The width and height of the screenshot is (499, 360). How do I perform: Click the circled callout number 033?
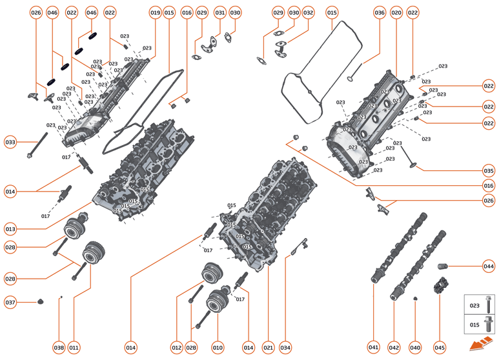[10, 142]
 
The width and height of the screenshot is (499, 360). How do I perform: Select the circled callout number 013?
[10, 229]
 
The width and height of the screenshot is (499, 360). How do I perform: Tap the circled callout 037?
[10, 302]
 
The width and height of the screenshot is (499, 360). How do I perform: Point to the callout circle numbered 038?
[59, 348]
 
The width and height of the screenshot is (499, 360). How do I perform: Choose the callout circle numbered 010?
[218, 348]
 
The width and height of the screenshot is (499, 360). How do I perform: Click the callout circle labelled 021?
[269, 348]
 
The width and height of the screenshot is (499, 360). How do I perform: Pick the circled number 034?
[285, 348]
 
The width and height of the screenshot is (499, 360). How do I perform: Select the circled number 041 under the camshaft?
[374, 348]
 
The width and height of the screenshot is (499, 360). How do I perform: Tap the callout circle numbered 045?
[440, 348]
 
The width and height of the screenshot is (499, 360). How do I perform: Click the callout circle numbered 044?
[489, 266]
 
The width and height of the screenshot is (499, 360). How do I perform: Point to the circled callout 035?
[489, 171]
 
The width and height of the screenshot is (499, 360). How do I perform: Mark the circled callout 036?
[380, 12]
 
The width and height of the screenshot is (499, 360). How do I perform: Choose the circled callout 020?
[396, 12]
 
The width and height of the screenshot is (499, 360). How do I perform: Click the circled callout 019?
[155, 12]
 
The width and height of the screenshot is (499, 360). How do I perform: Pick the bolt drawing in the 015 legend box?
[489, 325]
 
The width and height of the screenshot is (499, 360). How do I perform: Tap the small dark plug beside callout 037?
[41, 301]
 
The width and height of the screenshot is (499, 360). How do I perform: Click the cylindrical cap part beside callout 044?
[443, 266]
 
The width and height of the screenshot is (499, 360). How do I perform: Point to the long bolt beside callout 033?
[37, 146]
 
